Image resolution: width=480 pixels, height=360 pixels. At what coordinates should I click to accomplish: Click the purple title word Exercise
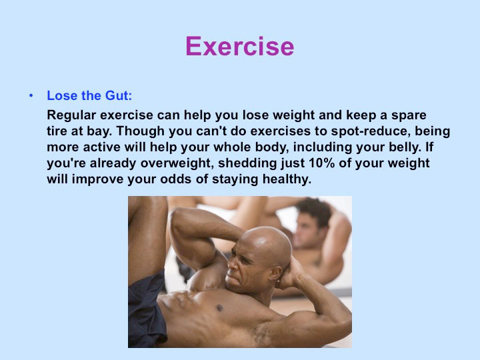tap(240, 46)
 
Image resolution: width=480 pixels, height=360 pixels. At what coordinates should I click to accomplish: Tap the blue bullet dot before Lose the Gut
tap(31, 96)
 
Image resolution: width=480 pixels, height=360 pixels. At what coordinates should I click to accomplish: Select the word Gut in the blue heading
tap(119, 95)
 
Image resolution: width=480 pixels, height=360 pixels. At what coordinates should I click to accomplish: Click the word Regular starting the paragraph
tap(71, 116)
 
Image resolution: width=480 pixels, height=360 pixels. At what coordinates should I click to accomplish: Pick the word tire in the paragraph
tap(57, 131)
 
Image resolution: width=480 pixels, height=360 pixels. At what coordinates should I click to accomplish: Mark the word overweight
tap(177, 163)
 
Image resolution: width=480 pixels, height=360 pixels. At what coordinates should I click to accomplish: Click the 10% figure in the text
tap(321, 163)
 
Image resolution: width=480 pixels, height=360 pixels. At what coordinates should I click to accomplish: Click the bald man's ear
tap(275, 273)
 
